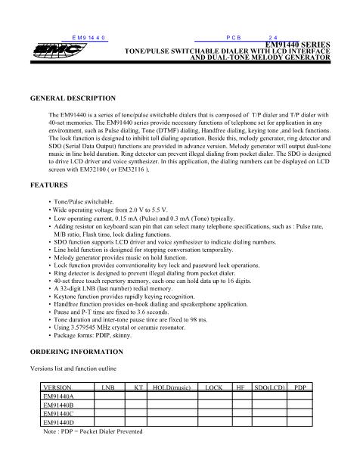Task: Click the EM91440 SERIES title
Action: tap(300, 45)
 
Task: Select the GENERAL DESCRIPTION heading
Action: tap(72, 98)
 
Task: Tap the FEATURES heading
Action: tap(46, 185)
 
